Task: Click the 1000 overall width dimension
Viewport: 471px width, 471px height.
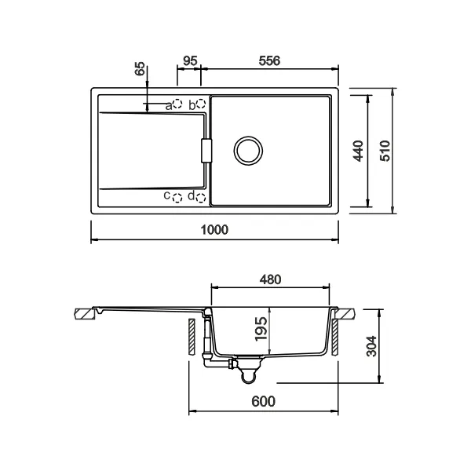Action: point(214,229)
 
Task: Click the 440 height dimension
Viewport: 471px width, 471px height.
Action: point(358,151)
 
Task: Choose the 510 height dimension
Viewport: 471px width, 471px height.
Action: point(384,151)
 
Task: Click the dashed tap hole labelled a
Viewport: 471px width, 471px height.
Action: point(178,104)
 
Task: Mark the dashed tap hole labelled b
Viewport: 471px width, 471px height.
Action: point(201,104)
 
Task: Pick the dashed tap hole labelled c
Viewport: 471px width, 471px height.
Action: point(178,197)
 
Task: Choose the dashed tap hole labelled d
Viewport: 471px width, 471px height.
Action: point(201,197)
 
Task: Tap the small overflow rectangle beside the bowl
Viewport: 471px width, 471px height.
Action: point(207,151)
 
